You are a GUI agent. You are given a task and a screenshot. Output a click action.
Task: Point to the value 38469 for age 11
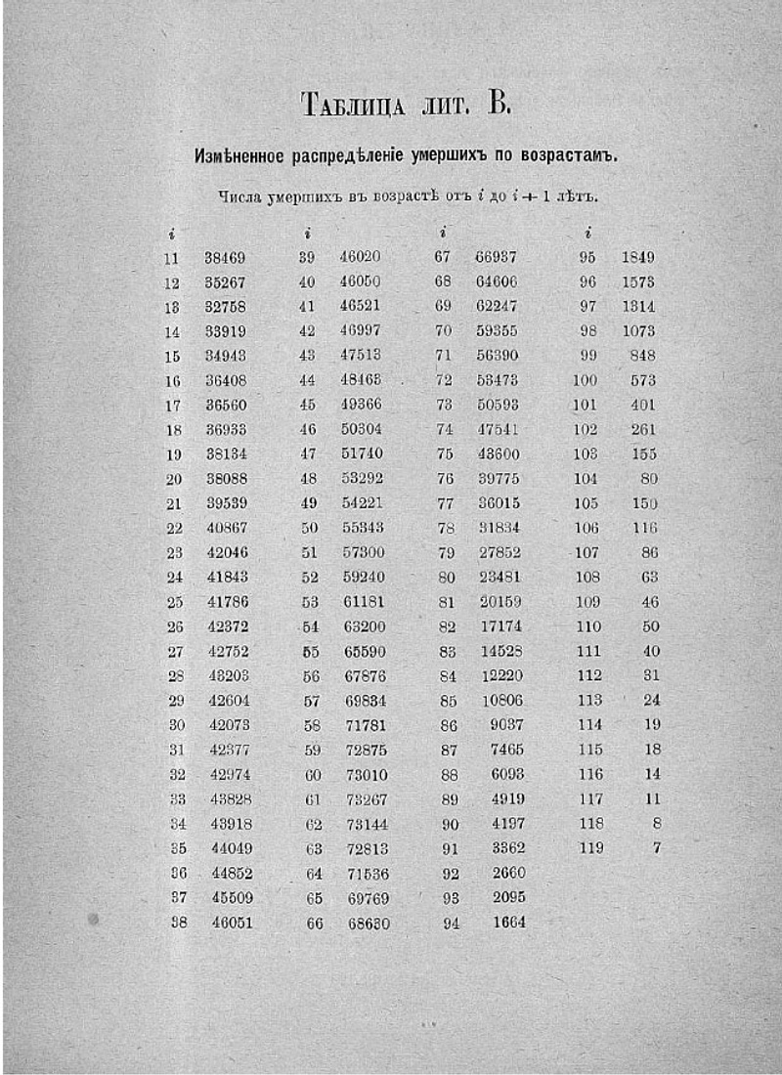(x=225, y=258)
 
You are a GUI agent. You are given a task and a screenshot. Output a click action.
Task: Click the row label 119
(x=591, y=848)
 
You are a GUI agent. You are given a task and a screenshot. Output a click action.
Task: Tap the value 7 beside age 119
(x=656, y=848)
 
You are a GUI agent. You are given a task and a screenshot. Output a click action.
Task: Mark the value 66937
(x=496, y=258)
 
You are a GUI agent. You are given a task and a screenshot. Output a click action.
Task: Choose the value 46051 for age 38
(x=232, y=923)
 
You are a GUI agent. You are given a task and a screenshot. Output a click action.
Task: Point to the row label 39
(x=307, y=258)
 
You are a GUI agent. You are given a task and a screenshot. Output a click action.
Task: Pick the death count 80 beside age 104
(x=648, y=479)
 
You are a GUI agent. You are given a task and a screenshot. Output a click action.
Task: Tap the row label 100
(x=585, y=380)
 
